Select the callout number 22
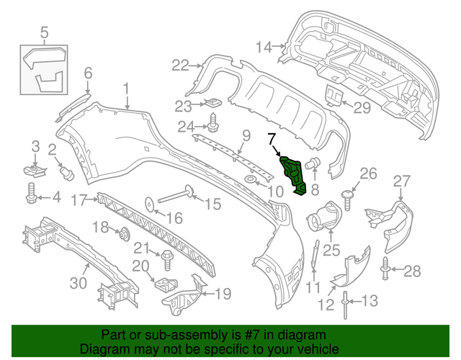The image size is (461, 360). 179,66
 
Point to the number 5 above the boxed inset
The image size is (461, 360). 44,32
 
